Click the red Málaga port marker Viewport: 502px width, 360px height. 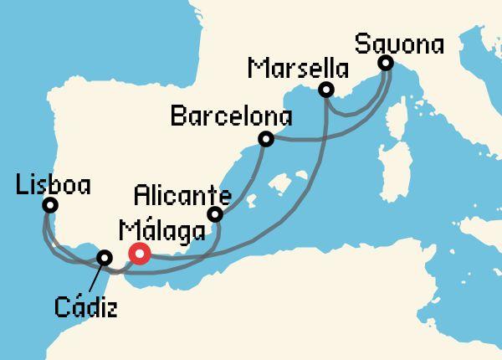pyautogui.click(x=139, y=254)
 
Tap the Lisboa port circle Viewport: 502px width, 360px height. pyautogui.click(x=50, y=205)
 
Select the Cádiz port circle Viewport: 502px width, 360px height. pyautogui.click(x=105, y=258)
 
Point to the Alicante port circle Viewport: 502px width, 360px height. pyautogui.click(x=215, y=215)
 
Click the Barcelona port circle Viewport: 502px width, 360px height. pyautogui.click(x=266, y=139)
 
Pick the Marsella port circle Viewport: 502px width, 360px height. pyautogui.click(x=327, y=90)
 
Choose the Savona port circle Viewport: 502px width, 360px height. pyautogui.click(x=385, y=63)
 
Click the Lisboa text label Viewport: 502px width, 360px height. pyautogui.click(x=53, y=183)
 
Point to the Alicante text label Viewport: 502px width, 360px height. pyautogui.click(x=182, y=198)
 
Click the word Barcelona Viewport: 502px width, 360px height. pyautogui.click(x=231, y=116)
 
